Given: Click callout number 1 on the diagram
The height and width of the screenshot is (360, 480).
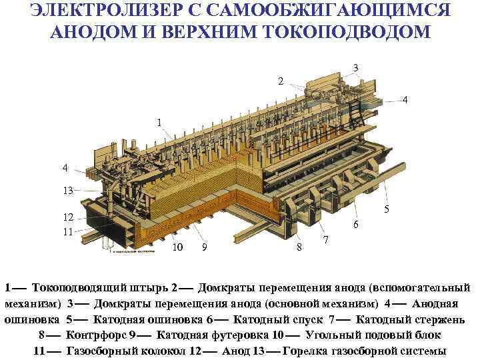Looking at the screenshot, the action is coord(159,123).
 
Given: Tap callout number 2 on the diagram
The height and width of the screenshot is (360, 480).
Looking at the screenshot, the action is coord(281,81).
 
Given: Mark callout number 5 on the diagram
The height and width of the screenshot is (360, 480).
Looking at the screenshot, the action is coord(386,209).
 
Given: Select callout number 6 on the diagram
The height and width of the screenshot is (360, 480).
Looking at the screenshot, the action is coord(356,225).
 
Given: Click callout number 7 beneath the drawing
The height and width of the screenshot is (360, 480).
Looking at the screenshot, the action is coord(325,239).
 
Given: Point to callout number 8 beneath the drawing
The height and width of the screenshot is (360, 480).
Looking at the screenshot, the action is coord(299,247).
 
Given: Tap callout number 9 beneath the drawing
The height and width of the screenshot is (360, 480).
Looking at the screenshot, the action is coord(204,248).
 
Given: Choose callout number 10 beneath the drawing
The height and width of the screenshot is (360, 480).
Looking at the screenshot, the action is coord(177,248).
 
